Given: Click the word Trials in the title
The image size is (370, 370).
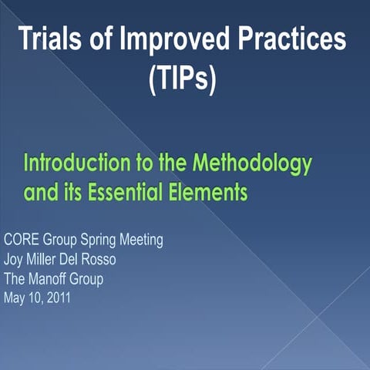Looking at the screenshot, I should [52, 39].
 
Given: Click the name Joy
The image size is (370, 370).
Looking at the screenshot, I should [14, 259].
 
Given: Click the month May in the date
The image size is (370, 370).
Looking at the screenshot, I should [15, 298].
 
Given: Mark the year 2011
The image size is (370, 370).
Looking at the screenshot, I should [57, 298].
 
